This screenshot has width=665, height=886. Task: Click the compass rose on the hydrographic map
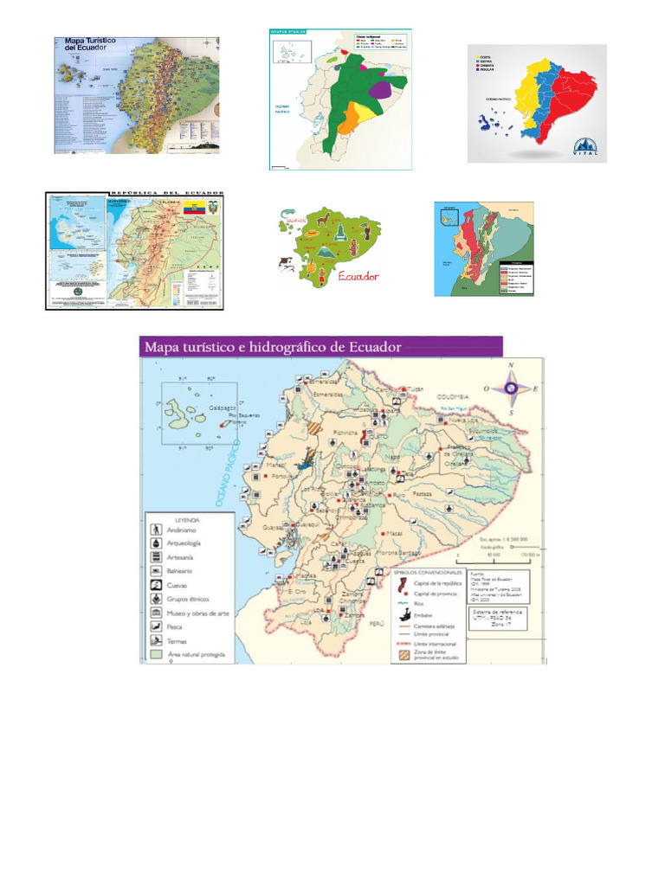[511, 389]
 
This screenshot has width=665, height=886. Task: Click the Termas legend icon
[156, 640]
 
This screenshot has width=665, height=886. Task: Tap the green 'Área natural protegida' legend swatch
[156, 654]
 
